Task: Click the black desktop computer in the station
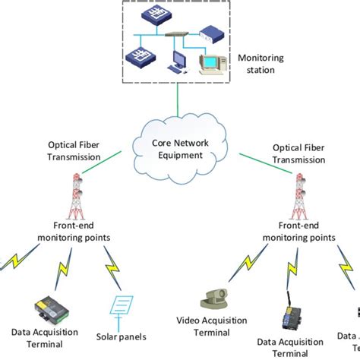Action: tap(178, 61)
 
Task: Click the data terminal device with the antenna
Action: tap(289, 317)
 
